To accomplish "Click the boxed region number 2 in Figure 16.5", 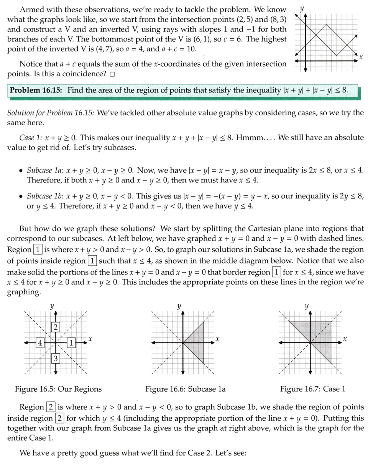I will point(56,327).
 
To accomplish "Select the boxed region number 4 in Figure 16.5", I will point(39,343).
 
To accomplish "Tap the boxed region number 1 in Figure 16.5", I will point(71,343).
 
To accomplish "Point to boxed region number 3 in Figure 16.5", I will point(56,359).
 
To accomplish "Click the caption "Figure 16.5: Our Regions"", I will point(58,389).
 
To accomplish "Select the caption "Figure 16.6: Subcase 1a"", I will point(186,389).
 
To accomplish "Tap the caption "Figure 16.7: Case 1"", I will point(313,389).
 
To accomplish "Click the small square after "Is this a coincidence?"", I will point(112,74).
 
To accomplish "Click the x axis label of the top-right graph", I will point(361,57).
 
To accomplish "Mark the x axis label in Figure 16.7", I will point(345,339).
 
